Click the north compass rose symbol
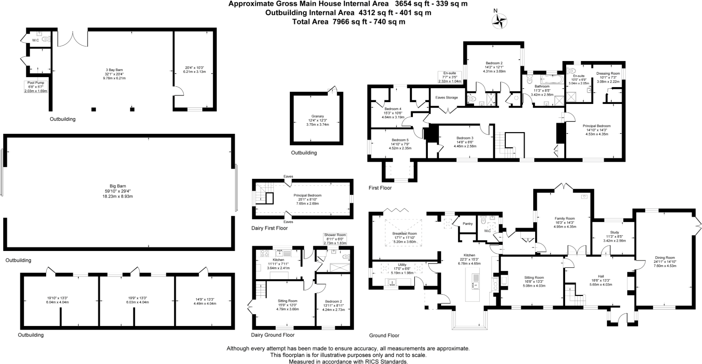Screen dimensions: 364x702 click(499, 21)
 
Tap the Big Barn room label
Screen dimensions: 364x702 click(117, 186)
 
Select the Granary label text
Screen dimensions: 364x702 click(317, 116)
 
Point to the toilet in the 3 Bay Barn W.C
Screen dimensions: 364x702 click(46, 39)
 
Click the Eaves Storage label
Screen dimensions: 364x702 click(447, 98)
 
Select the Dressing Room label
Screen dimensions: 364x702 click(608, 73)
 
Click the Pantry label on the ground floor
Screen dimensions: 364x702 click(467, 224)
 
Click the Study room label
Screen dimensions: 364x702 click(615, 232)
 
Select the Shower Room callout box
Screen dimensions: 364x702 click(335, 239)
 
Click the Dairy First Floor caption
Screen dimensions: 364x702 click(269, 228)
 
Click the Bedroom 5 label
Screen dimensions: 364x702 click(400, 140)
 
